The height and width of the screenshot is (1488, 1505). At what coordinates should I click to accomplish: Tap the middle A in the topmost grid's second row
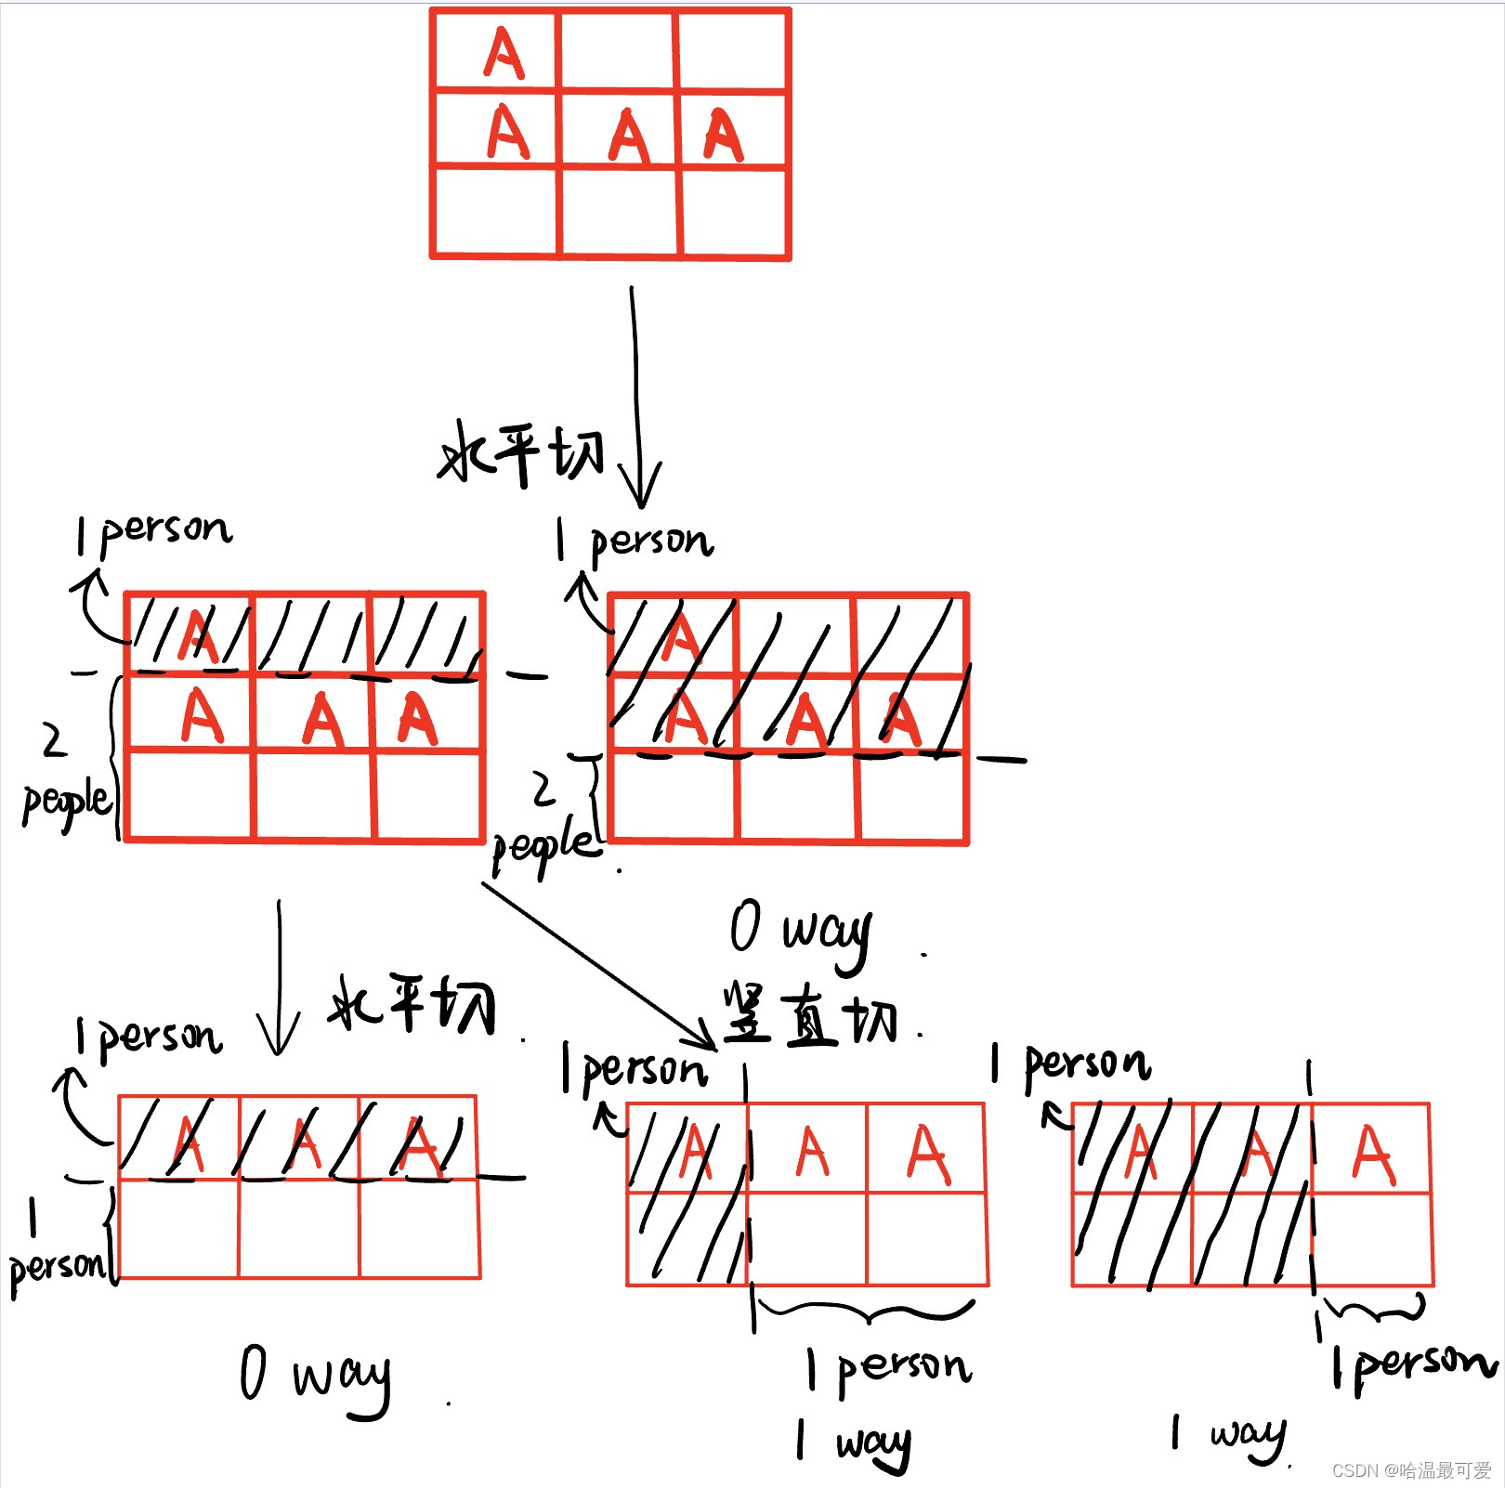click(x=630, y=136)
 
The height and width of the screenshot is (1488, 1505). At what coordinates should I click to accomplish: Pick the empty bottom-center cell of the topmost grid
click(x=620, y=212)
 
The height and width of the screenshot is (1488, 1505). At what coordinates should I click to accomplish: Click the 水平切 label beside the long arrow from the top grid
click(x=520, y=453)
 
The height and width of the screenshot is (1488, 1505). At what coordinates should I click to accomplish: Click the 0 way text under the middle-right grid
click(x=800, y=932)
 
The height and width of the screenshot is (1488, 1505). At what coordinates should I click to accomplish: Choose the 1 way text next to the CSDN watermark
click(x=1228, y=1436)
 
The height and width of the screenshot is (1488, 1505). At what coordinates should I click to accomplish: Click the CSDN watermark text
click(x=1410, y=1470)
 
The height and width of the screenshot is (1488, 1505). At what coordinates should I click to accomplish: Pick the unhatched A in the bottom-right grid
click(x=1373, y=1154)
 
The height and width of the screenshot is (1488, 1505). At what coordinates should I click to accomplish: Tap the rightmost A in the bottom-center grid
click(x=928, y=1154)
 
